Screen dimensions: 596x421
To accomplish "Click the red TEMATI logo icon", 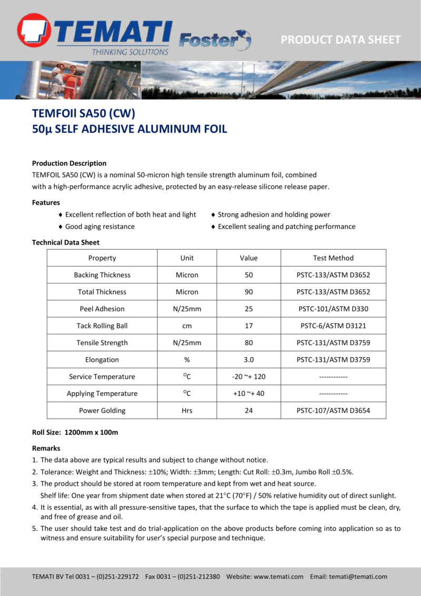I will tap(34, 31).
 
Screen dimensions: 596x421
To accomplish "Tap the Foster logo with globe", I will tap(215, 40).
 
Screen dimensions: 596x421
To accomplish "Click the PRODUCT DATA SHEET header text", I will tap(340, 40).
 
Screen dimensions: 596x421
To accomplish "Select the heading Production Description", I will tap(69, 163).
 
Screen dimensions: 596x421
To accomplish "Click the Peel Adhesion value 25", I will tap(249, 309).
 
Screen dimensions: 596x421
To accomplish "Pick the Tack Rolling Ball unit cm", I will tap(187, 326).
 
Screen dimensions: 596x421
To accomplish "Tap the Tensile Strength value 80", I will tap(249, 343).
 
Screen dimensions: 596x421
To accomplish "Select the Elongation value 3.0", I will tap(249, 359).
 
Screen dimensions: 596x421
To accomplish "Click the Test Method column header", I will tap(333, 258).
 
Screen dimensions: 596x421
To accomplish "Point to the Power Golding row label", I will tap(102, 410).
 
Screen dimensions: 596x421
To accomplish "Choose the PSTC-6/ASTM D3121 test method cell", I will tap(333, 326).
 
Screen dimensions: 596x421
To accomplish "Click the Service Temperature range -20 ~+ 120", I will tap(249, 376).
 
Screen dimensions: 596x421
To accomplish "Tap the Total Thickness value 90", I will tap(249, 292).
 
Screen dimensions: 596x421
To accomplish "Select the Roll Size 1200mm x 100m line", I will tap(75, 432).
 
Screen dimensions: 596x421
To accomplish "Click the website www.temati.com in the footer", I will tap(278, 577).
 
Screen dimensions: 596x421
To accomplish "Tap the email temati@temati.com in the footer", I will tap(358, 577).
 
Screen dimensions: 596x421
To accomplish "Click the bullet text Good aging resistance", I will tap(99, 227).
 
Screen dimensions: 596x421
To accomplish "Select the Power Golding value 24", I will tap(249, 410).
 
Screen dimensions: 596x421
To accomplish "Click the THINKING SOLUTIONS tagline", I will tap(130, 52).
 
